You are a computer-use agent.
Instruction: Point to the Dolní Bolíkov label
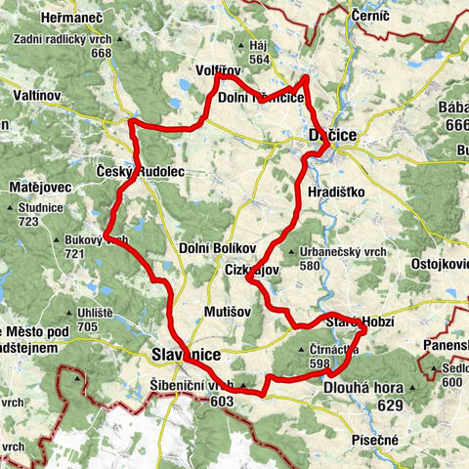click(x=217, y=248)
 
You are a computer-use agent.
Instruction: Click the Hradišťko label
click(x=335, y=192)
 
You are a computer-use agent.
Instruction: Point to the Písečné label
click(x=375, y=441)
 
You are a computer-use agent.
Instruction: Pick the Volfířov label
click(x=219, y=69)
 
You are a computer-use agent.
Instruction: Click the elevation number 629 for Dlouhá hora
click(x=391, y=404)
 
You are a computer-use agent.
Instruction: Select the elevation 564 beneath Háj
click(x=258, y=59)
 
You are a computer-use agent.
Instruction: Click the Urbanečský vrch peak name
click(x=345, y=251)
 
